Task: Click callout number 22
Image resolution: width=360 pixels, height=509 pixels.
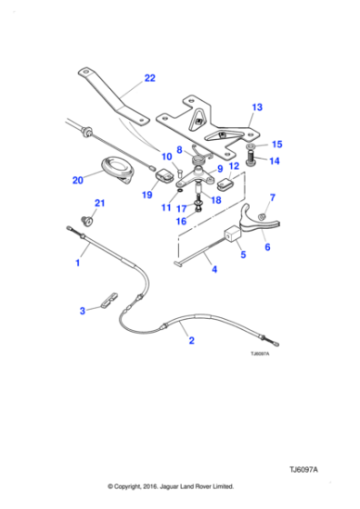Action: tap(149, 78)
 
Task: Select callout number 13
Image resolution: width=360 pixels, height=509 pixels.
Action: tap(256, 107)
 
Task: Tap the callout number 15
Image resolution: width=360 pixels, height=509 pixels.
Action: tap(277, 144)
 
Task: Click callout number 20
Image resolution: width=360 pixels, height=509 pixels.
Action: tap(77, 180)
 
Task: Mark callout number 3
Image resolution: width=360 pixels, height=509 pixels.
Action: tap(82, 311)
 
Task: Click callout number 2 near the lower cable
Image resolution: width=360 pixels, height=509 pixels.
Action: tap(192, 342)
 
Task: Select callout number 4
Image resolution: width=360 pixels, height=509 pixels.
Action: tap(213, 270)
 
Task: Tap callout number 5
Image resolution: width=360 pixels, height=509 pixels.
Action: tap(243, 255)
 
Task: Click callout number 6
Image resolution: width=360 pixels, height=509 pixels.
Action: tap(267, 246)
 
